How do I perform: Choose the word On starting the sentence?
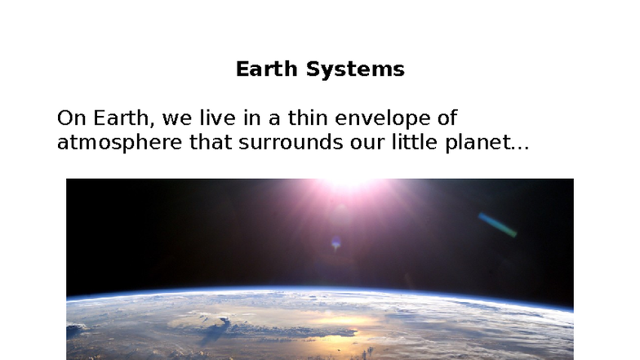(x=71, y=118)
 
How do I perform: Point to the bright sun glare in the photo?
(x=349, y=184)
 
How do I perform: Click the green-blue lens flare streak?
(x=497, y=224)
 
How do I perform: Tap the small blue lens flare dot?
(x=336, y=242)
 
